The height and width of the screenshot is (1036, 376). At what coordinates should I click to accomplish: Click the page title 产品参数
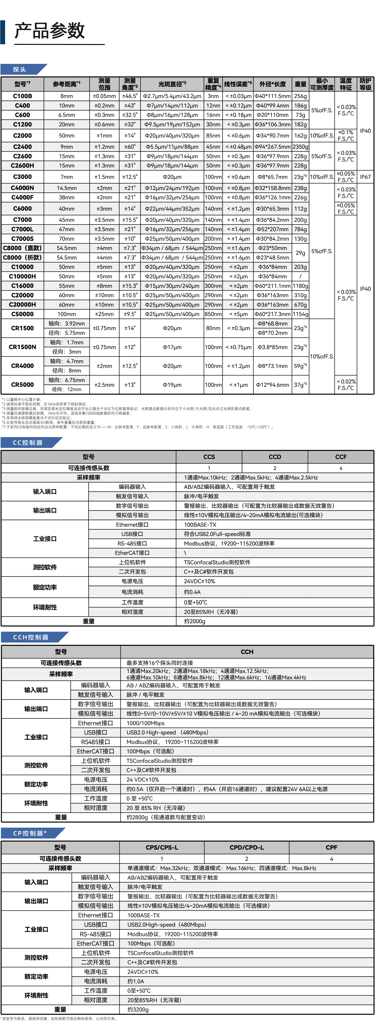pyautogui.click(x=49, y=31)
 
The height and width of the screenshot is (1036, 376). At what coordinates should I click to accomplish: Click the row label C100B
pyautogui.click(x=22, y=96)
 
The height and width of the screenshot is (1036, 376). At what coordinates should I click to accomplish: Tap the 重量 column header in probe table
pyautogui.click(x=301, y=84)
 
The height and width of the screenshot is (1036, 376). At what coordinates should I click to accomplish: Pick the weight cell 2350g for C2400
pyautogui.click(x=301, y=147)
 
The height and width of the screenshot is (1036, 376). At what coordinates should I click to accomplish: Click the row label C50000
pyautogui.click(x=22, y=314)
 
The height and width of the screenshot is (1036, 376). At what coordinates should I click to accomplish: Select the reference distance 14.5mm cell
pyautogui.click(x=67, y=188)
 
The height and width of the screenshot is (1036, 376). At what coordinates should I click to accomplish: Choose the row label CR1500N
pyautogui.click(x=22, y=347)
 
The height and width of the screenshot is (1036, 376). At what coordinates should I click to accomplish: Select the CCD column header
pyautogui.click(x=275, y=457)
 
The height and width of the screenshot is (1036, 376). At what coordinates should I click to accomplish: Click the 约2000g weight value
pyautogui.click(x=194, y=621)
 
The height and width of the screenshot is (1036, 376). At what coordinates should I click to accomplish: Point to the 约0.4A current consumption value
pyautogui.click(x=192, y=592)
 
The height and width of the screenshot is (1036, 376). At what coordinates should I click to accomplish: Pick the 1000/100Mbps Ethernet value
pyautogui.click(x=145, y=723)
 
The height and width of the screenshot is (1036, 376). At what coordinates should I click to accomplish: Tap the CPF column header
pyautogui.click(x=331, y=847)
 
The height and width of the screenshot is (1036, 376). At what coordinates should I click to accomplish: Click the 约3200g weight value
pyautogui.click(x=138, y=1009)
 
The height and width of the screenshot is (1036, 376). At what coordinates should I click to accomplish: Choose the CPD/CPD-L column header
pyautogui.click(x=247, y=847)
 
